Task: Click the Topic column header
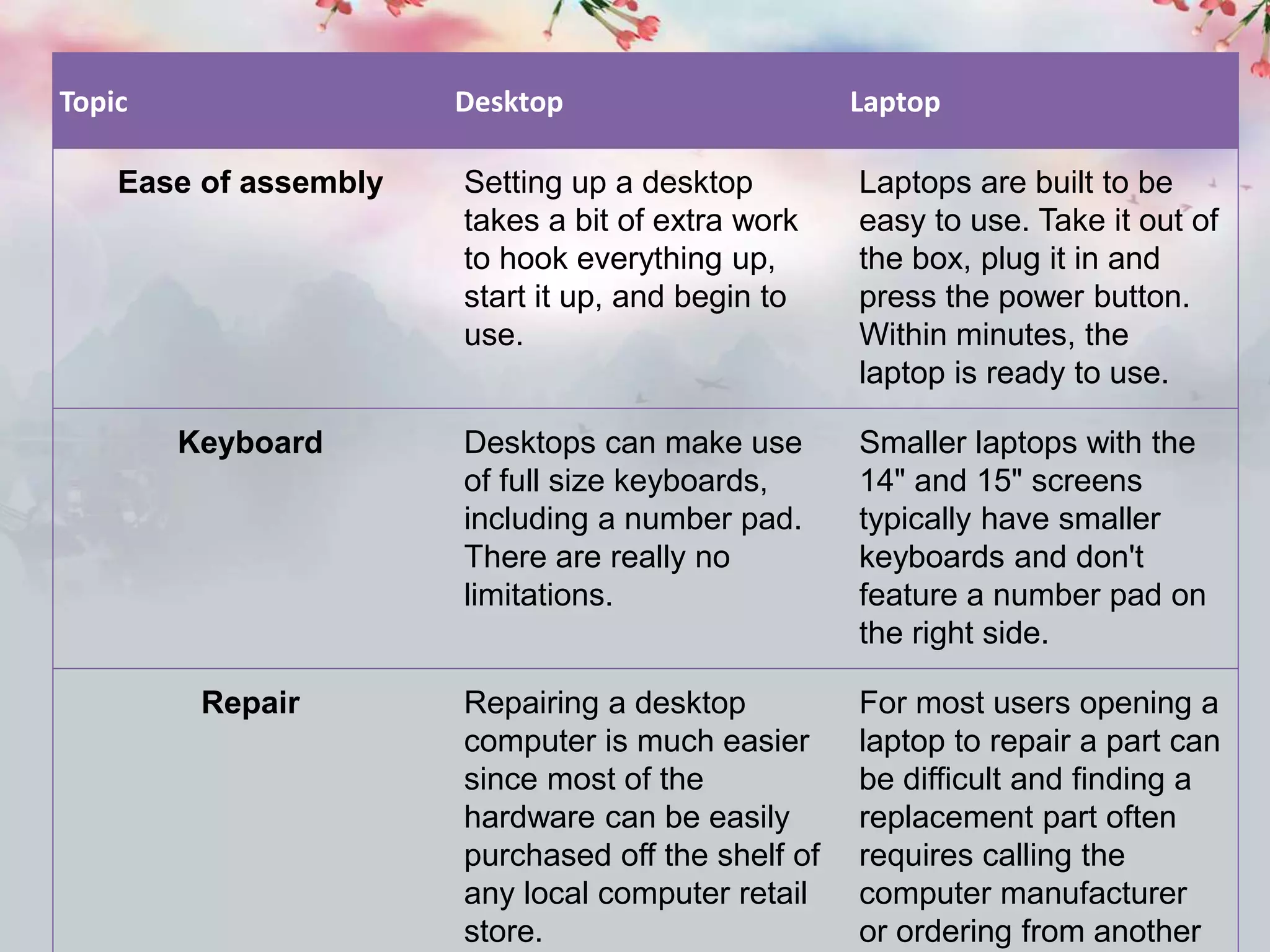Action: point(94,102)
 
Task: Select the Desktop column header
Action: point(509,102)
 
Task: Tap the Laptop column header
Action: point(895,102)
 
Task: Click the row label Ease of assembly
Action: point(251,183)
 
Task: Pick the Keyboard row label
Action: point(251,443)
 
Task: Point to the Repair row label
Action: point(251,703)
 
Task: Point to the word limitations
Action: point(538,595)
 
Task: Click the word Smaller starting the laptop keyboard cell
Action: point(912,443)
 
